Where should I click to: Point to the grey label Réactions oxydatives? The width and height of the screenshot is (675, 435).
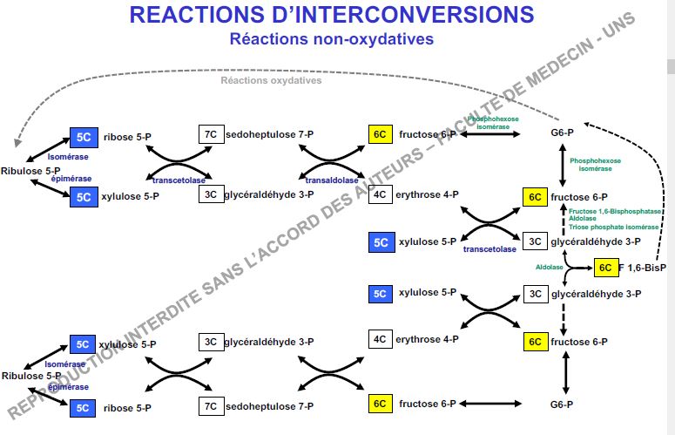pyautogui.click(x=271, y=80)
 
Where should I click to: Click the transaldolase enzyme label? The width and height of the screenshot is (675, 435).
pyautogui.click(x=331, y=180)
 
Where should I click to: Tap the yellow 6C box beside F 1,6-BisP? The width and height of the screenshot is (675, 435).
pyautogui.click(x=606, y=268)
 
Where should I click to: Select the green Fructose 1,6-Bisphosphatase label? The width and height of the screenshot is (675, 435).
pyautogui.click(x=615, y=211)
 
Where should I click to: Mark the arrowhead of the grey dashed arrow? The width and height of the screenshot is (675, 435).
pyautogui.click(x=16, y=142)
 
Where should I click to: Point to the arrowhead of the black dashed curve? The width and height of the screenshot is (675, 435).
pyautogui.click(x=585, y=125)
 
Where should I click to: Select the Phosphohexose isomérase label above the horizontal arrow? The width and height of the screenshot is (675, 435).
pyautogui.click(x=493, y=122)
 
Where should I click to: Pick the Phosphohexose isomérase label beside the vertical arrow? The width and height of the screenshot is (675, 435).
pyautogui.click(x=597, y=165)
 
